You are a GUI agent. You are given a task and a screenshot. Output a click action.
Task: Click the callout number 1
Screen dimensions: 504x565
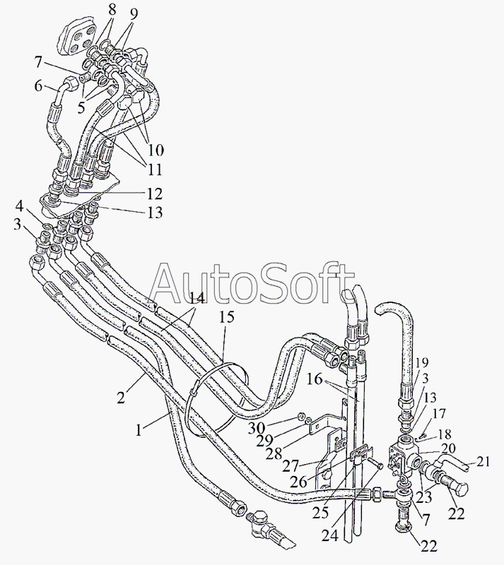[x=141, y=428]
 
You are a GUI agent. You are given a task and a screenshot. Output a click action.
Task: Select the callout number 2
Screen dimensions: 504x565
[x=122, y=397]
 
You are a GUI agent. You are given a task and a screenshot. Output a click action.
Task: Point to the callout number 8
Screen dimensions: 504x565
[x=112, y=9]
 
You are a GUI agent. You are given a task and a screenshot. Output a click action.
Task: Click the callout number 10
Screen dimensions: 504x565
[x=156, y=150]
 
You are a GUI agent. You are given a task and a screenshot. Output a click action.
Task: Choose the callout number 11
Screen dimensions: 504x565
[x=155, y=169]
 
